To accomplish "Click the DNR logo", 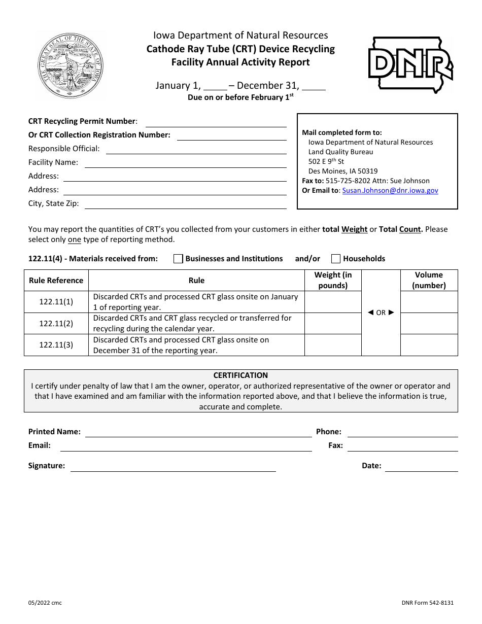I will point(410,65).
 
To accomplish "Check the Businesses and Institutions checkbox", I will point(178,259).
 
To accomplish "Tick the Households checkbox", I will point(335,259).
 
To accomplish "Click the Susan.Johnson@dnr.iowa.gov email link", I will point(390,191).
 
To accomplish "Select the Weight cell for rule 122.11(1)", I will point(332,302).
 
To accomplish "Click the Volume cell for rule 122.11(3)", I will point(429,345).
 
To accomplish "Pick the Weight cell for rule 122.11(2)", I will point(332,323).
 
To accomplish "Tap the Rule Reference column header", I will point(56,281).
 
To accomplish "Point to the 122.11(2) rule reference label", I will point(56,323).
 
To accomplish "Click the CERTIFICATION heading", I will point(240,375).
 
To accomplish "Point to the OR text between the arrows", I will point(381,313).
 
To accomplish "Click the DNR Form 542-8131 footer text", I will point(427,603).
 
